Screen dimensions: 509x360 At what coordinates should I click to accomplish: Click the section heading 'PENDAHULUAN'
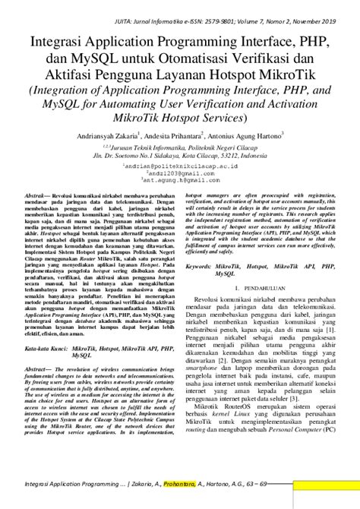pyautogui.click(x=267, y=291)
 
